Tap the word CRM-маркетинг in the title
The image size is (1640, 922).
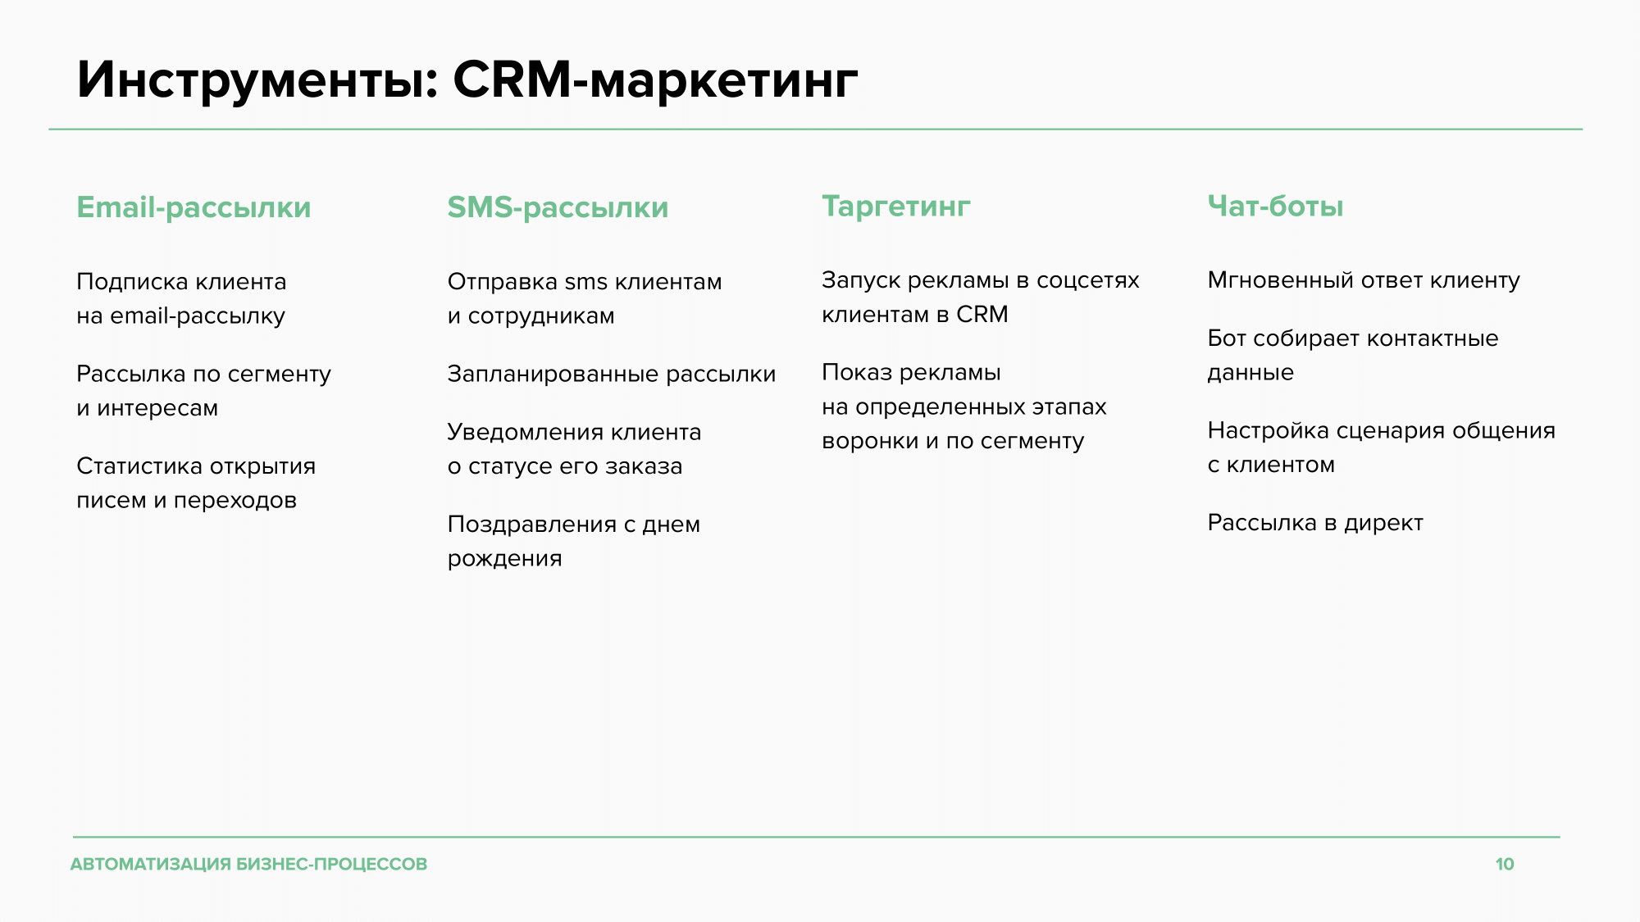tap(655, 80)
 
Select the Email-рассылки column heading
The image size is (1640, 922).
tap(194, 207)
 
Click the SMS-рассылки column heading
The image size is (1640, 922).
tap(558, 207)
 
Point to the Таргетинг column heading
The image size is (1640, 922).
tap(896, 207)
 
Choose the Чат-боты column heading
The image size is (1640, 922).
tap(1275, 206)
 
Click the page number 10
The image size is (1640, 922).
tap(1505, 864)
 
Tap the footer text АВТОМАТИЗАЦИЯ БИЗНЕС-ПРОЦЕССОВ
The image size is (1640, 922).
tap(248, 864)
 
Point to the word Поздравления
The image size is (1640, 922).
tap(532, 525)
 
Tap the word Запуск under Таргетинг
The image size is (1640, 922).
tap(861, 280)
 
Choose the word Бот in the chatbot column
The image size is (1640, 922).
tap(1227, 338)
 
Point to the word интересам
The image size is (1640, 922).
tap(157, 408)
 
